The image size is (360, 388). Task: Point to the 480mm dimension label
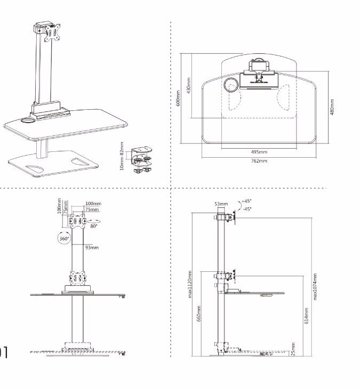332,107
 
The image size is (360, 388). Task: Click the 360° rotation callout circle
63,238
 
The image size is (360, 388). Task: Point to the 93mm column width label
91,247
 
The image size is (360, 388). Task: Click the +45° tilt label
246,201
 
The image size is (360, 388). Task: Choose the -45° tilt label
246,209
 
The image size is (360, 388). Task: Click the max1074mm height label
316,287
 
